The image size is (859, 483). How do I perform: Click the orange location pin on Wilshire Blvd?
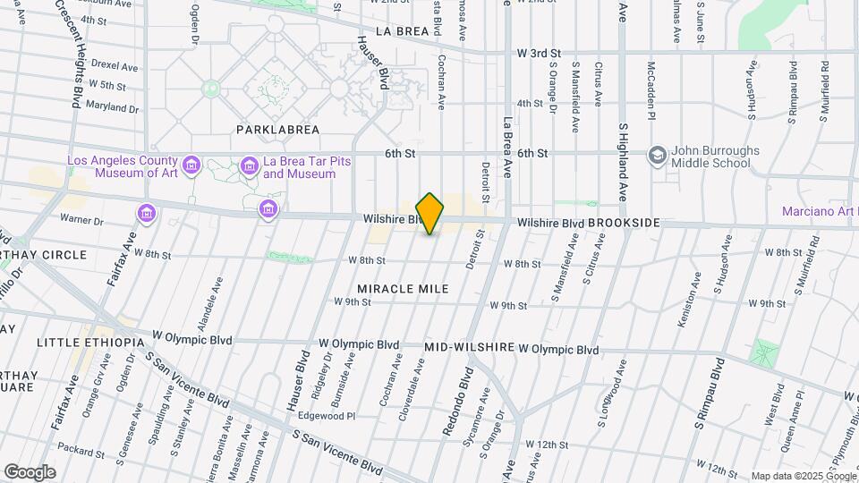click(x=430, y=213)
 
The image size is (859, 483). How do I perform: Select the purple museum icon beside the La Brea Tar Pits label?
click(x=249, y=165)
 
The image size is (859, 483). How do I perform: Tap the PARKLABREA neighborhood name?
click(x=277, y=130)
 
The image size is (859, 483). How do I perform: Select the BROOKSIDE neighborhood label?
click(x=625, y=223)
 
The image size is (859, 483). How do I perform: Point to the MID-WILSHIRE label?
click(x=469, y=347)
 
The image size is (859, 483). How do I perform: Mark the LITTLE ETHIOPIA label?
click(x=90, y=343)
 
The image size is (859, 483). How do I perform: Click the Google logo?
click(x=30, y=471)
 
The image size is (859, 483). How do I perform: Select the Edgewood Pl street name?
click(x=328, y=416)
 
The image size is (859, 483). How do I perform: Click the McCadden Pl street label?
click(x=652, y=90)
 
